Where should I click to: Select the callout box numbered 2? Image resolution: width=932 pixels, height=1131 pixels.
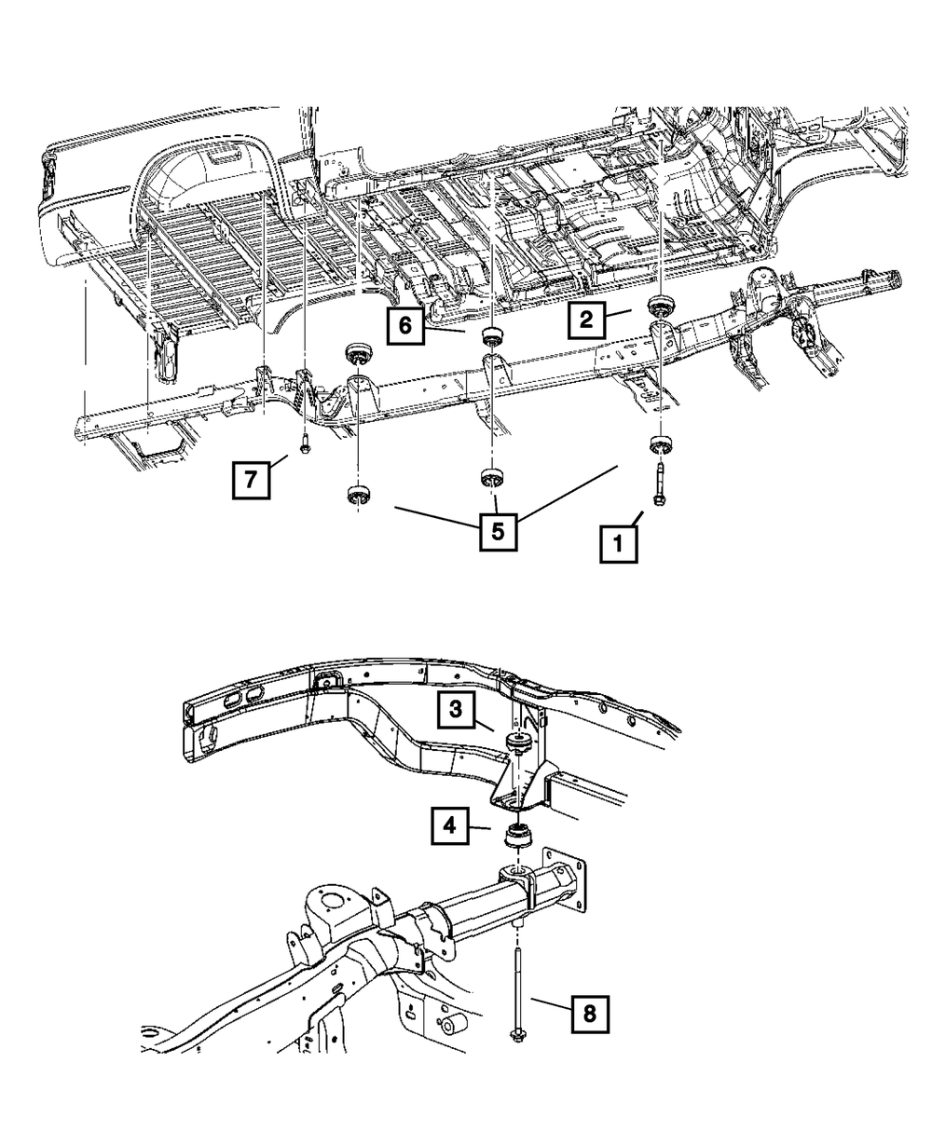pos(585,321)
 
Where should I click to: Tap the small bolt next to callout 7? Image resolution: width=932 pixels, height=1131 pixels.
pos(305,444)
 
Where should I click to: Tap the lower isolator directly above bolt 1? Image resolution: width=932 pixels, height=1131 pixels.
pos(661,443)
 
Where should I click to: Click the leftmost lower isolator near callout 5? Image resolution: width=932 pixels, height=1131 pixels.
pos(355,494)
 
